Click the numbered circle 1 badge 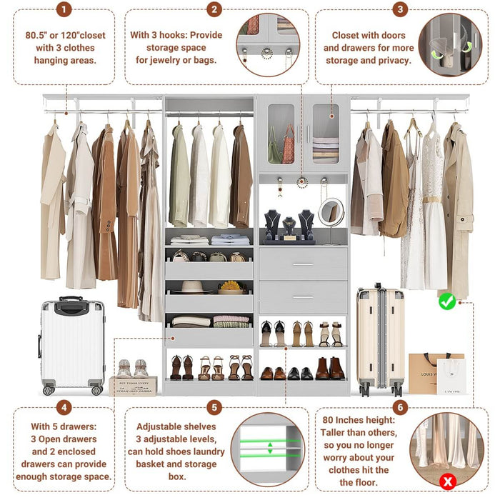(x=64, y=9)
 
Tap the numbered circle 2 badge (x=214, y=9)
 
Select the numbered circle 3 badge (x=400, y=9)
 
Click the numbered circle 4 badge (x=64, y=408)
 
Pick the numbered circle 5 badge (x=214, y=408)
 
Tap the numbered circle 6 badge (x=400, y=408)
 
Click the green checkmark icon (x=447, y=301)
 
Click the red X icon (x=448, y=481)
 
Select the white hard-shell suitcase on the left (x=72, y=345)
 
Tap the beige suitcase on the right (x=380, y=339)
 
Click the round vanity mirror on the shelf (x=331, y=211)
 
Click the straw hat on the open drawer (x=192, y=287)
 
